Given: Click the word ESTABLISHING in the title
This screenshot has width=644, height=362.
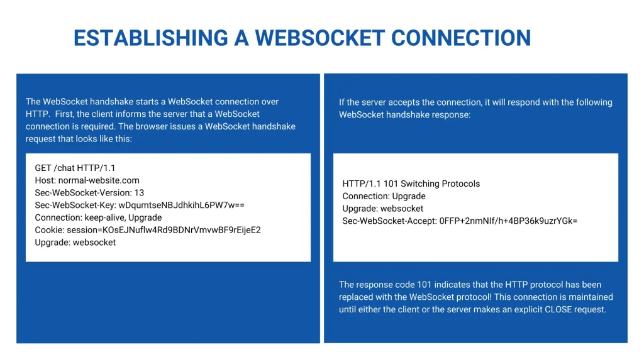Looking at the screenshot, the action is (x=151, y=38).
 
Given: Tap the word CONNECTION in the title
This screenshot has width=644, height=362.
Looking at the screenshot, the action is (x=461, y=38).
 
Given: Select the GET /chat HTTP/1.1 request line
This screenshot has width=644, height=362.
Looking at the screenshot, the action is (x=75, y=168).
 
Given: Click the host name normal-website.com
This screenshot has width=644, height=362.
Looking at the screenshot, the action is (x=99, y=180).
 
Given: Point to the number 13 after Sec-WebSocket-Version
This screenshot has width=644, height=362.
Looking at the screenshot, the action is (x=139, y=192).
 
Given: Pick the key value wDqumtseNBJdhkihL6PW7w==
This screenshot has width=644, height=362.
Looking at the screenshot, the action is (x=181, y=206).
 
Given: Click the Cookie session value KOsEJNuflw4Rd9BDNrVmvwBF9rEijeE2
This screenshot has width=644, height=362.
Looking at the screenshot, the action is (x=182, y=230).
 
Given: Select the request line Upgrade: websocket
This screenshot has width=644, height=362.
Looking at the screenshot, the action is (x=75, y=242).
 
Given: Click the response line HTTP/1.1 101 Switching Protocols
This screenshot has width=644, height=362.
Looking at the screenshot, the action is (x=411, y=184).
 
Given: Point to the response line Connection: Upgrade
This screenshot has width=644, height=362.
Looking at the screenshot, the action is (x=384, y=196).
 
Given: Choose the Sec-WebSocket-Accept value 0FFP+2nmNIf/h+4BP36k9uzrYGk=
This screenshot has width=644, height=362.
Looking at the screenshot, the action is (x=508, y=221).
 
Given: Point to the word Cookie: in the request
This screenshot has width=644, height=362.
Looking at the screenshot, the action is (x=49, y=230).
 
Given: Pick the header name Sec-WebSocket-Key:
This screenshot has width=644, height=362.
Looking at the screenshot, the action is (x=75, y=206).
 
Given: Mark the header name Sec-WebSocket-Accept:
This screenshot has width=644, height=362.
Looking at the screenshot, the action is (x=389, y=221).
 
